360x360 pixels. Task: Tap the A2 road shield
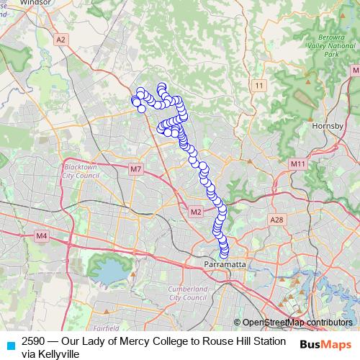pyautogui.click(x=60, y=41)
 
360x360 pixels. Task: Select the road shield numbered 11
pyautogui.click(x=259, y=86)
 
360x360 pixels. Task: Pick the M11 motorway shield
pyautogui.click(x=298, y=165)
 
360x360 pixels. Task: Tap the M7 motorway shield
pyautogui.click(x=136, y=169)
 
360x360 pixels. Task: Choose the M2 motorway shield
pyautogui.click(x=196, y=212)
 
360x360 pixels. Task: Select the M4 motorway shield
pyautogui.click(x=41, y=235)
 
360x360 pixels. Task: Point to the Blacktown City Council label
pyautogui.click(x=80, y=170)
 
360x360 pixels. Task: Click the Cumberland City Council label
pyautogui.click(x=187, y=292)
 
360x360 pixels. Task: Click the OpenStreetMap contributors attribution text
pyautogui.click(x=297, y=323)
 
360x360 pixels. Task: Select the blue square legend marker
pyautogui.click(x=8, y=341)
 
